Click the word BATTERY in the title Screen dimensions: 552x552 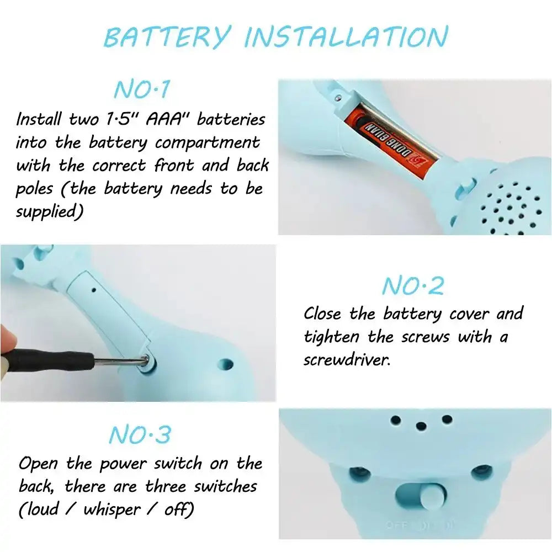point(168,37)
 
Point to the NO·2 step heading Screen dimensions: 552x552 point(413,285)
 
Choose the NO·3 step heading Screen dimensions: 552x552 point(140,434)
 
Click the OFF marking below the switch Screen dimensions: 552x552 point(396,526)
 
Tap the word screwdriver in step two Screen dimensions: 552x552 point(347,360)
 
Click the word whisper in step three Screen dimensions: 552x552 point(112,509)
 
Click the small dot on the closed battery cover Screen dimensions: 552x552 point(94,290)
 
